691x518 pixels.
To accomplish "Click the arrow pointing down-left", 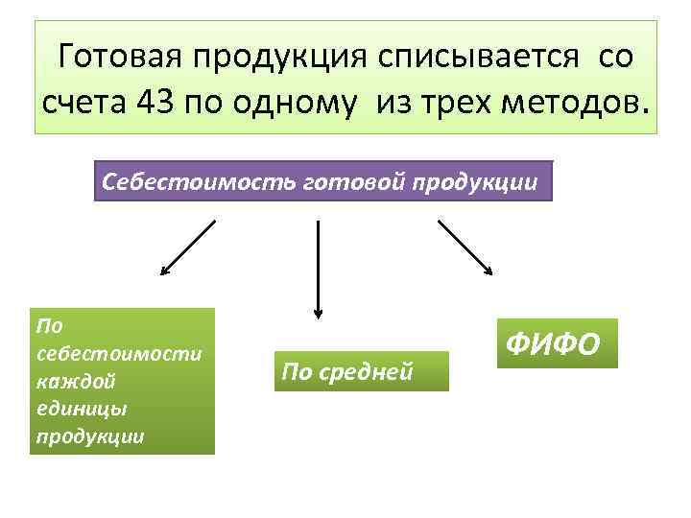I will [187, 247].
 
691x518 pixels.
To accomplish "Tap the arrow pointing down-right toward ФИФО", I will [465, 247].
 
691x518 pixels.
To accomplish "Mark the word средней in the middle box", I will [379, 370].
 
